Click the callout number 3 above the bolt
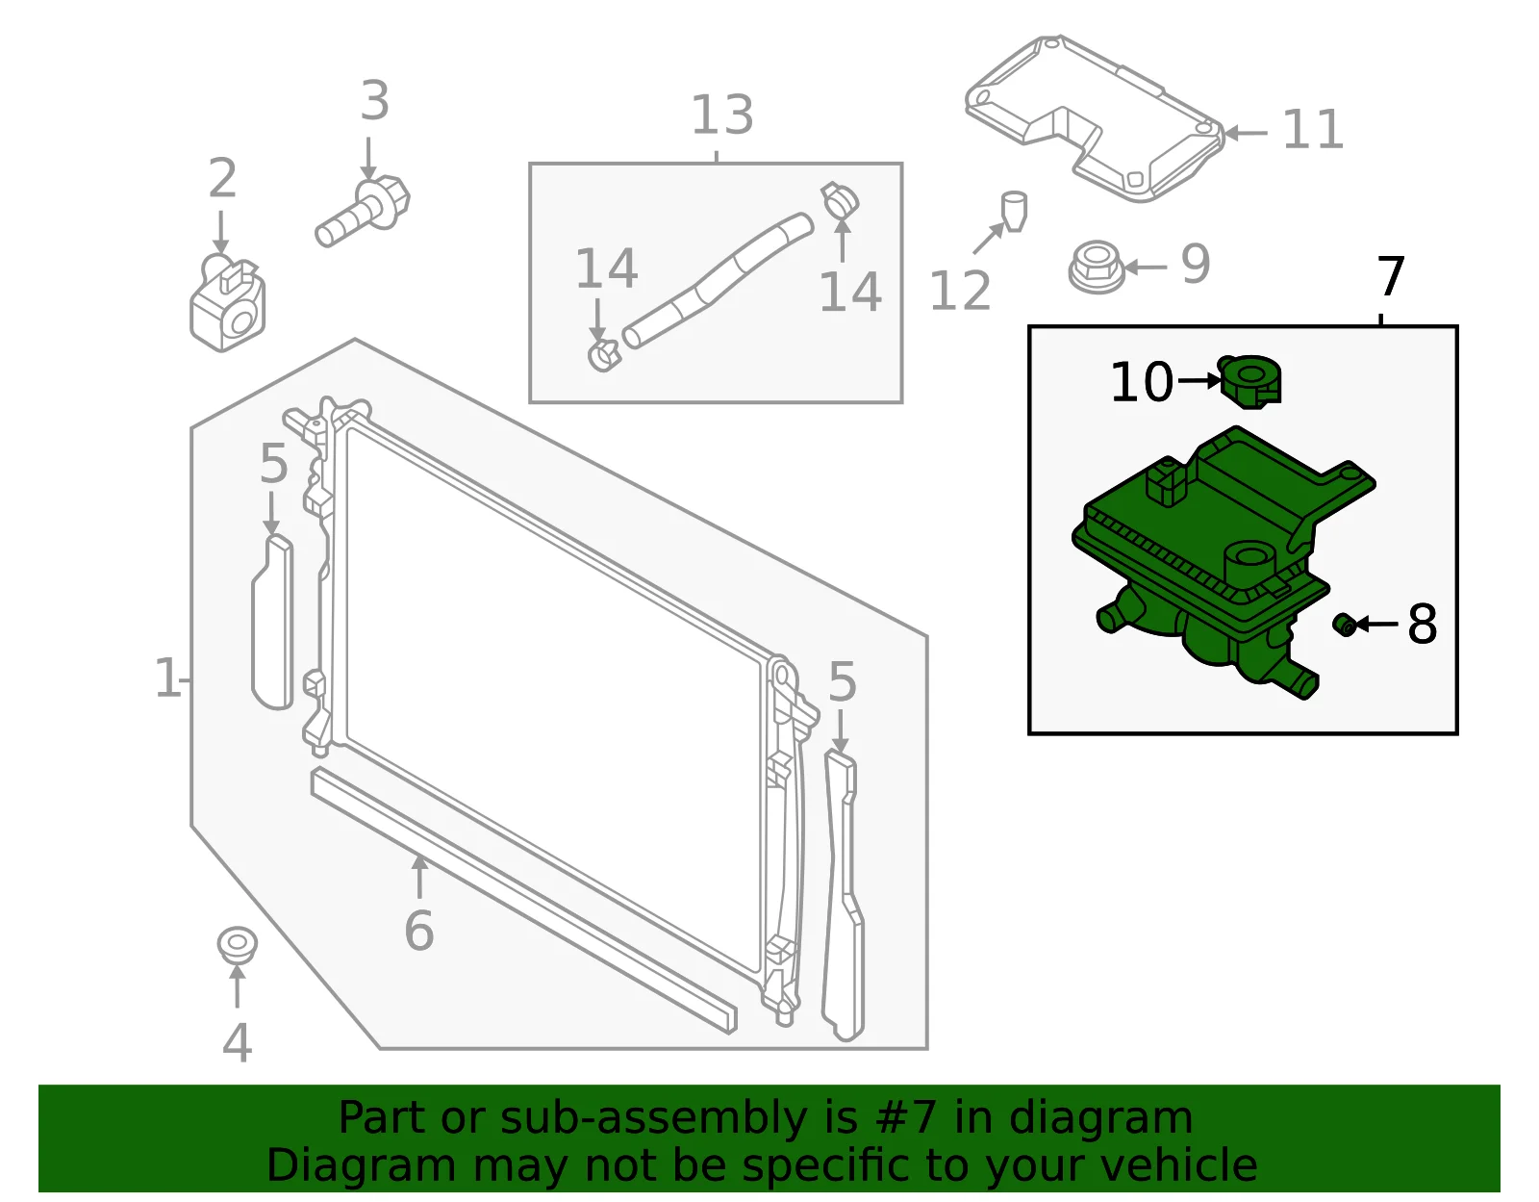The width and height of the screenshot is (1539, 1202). [x=375, y=101]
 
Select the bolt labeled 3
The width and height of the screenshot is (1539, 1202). [x=362, y=211]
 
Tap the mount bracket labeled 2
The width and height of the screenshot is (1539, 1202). [x=227, y=302]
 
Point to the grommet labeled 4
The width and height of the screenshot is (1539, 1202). [x=237, y=946]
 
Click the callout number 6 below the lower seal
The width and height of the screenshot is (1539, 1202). [x=418, y=931]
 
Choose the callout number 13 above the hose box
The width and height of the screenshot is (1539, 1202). [x=721, y=115]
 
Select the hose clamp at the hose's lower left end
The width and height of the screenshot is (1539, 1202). [x=604, y=354]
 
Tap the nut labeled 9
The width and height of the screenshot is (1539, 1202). [x=1097, y=267]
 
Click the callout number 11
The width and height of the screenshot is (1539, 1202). [x=1313, y=130]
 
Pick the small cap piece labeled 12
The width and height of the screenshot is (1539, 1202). [x=1014, y=211]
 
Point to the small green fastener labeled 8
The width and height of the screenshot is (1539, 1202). [x=1344, y=625]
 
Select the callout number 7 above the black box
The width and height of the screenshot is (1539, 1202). [x=1391, y=277]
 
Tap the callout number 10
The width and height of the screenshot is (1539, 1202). [x=1142, y=382]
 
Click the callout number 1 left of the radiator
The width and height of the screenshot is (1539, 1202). [x=167, y=678]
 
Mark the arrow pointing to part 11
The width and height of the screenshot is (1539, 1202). [x=1246, y=133]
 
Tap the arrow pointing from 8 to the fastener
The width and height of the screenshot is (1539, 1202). [x=1376, y=624]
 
